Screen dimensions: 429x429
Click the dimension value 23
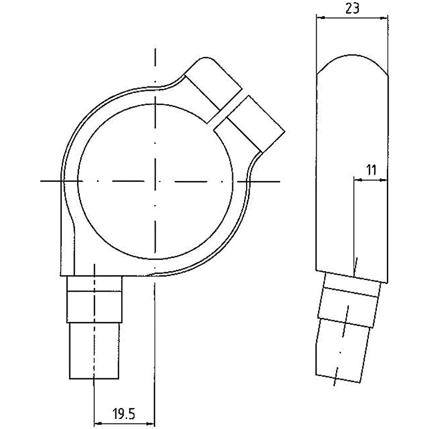pos(352,9)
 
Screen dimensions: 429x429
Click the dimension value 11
pos(371,170)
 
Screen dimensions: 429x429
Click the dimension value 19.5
pos(124,414)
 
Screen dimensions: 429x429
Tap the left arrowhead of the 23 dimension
pos(320,18)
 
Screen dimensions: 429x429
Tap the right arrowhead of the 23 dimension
pos(384,18)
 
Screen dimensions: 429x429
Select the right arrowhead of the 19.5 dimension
pos(151,424)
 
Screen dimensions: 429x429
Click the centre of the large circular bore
pos(155,181)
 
